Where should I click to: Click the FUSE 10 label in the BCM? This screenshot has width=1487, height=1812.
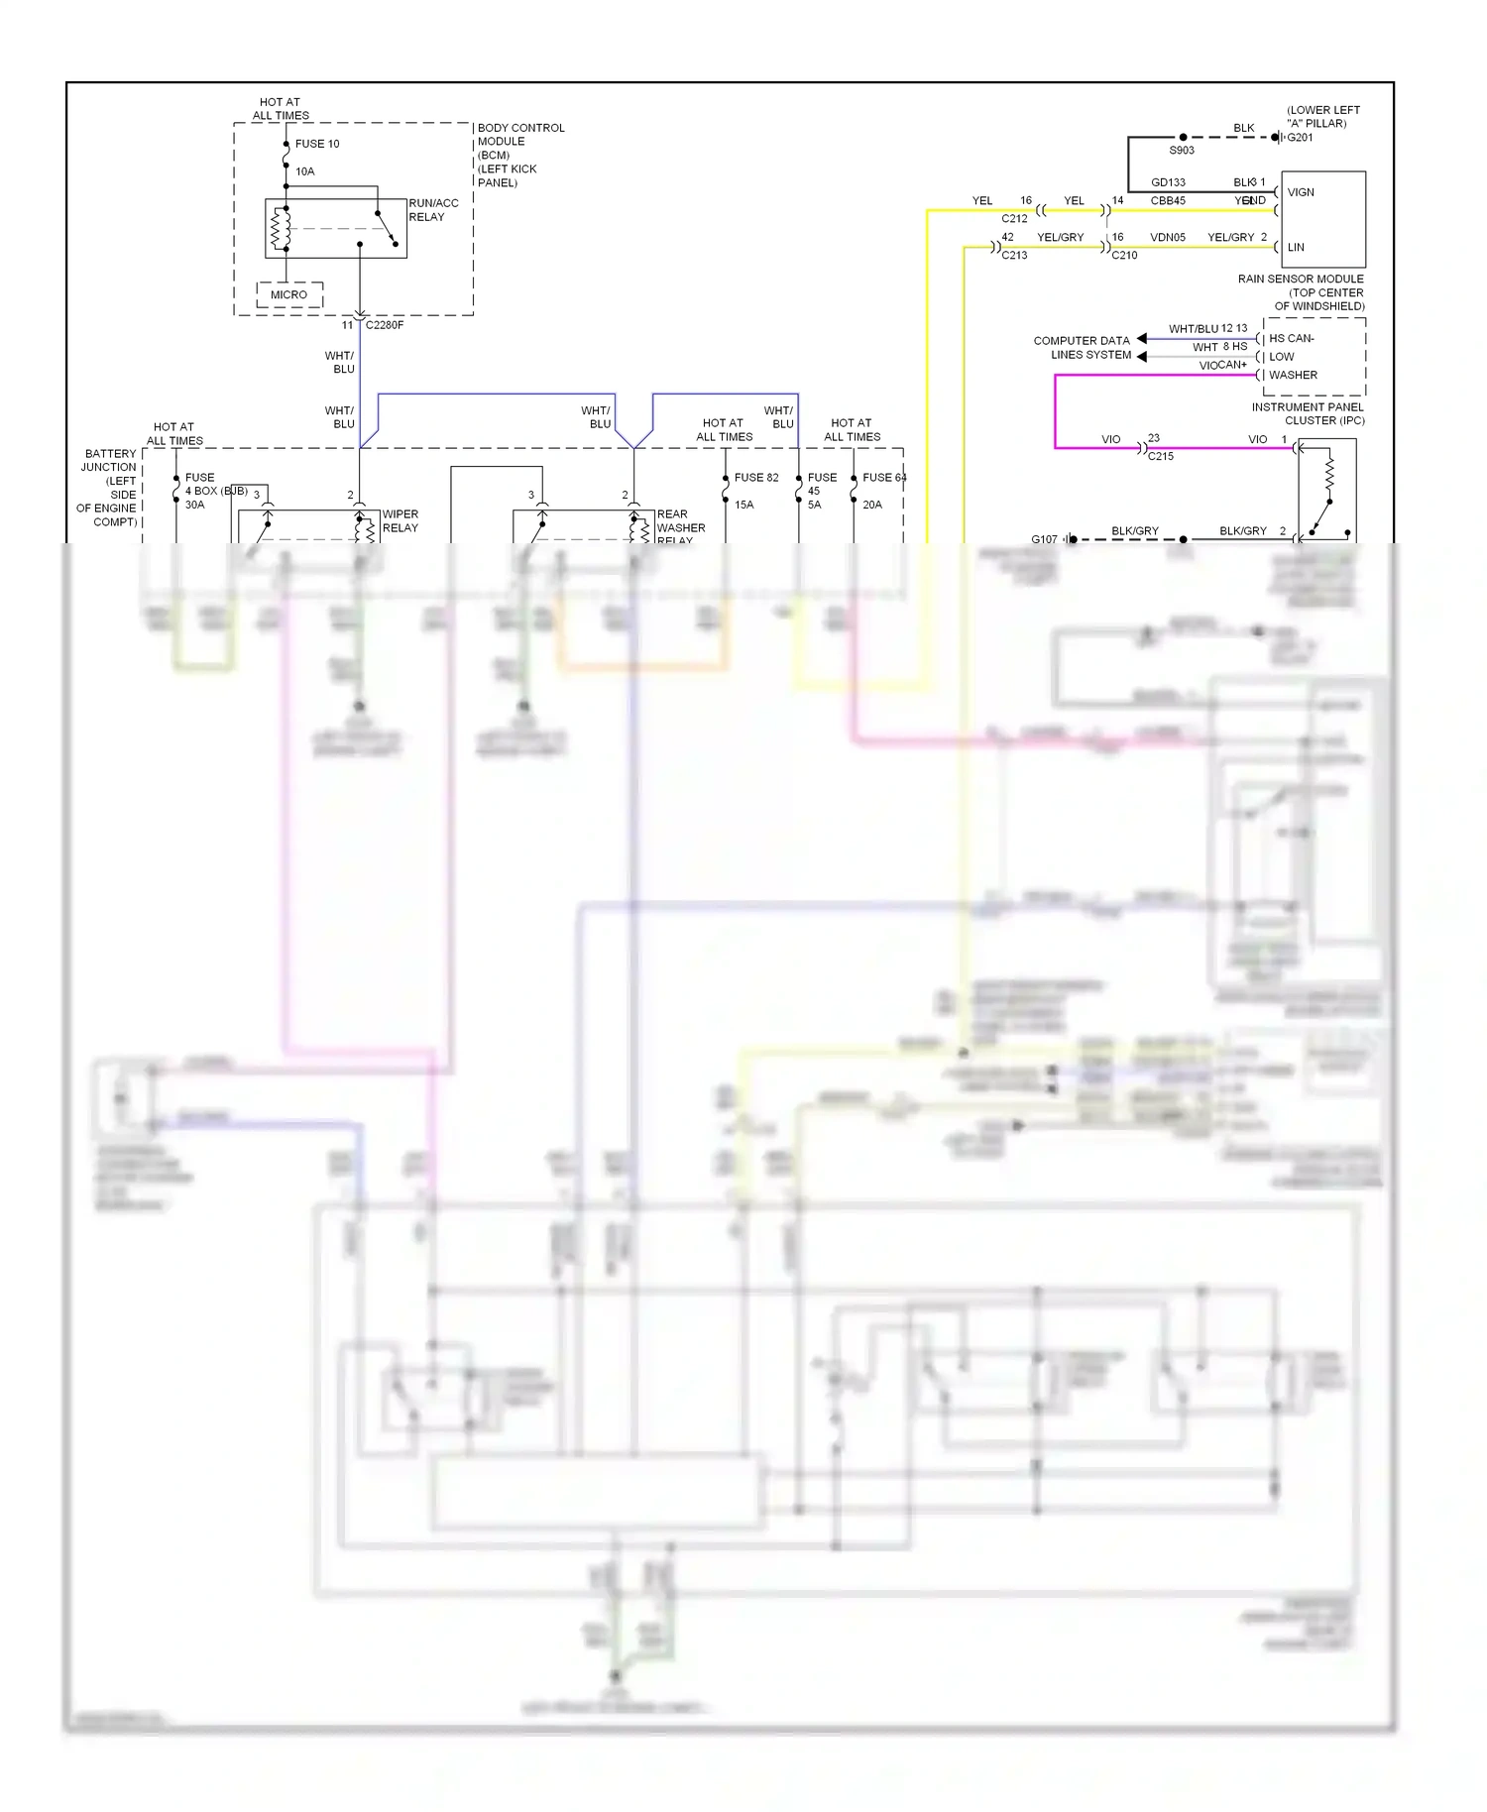click(316, 144)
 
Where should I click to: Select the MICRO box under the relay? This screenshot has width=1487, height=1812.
click(288, 294)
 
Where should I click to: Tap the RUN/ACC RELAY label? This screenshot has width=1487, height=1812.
click(433, 209)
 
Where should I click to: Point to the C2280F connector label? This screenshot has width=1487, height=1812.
click(385, 325)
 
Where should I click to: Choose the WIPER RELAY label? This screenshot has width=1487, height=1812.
click(400, 520)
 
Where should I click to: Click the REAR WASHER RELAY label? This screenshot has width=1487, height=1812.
click(680, 526)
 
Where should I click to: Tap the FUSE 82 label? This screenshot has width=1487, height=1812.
click(756, 478)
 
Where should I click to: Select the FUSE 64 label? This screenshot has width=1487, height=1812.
click(884, 478)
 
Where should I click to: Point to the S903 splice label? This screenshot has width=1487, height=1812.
click(1182, 151)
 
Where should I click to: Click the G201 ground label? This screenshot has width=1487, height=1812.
click(1300, 138)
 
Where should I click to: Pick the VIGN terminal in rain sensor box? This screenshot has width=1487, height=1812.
click(1301, 192)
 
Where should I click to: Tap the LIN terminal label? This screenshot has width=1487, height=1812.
click(1296, 248)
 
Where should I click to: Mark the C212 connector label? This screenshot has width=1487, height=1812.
click(1014, 218)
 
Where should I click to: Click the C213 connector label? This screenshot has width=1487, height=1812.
click(1014, 256)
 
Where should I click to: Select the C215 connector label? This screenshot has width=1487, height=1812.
click(1161, 456)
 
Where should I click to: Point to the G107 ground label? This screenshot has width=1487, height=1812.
click(1044, 539)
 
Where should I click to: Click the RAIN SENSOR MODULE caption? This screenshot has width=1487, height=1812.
click(1301, 280)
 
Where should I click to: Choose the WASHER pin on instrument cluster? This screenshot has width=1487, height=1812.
click(1293, 375)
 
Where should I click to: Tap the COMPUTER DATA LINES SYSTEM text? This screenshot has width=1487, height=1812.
click(1082, 348)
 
